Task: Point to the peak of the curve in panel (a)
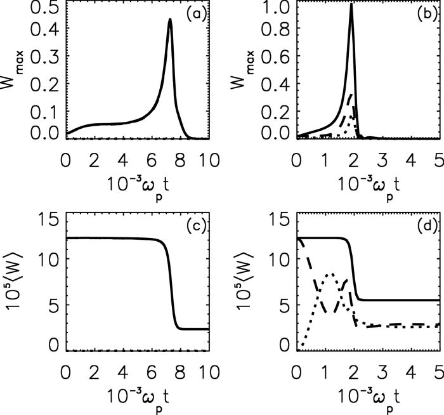point(170,20)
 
